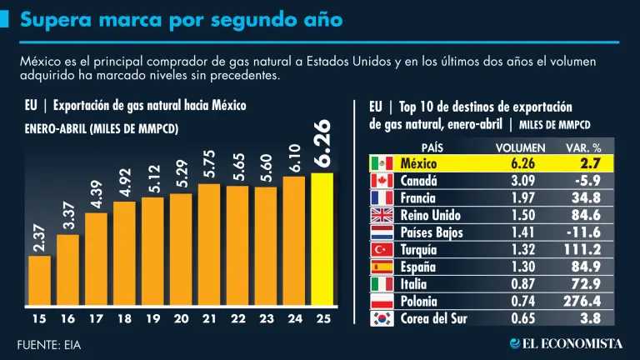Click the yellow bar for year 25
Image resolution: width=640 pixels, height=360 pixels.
[322, 239]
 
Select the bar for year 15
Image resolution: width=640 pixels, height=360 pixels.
[39, 281]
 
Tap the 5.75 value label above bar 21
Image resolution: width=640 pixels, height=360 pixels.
[209, 164]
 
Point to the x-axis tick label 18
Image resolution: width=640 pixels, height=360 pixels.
[124, 318]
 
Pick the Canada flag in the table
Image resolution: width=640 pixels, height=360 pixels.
[381, 180]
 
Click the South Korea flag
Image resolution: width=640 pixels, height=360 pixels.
[381, 317]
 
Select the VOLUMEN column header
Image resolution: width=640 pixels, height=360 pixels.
[521, 147]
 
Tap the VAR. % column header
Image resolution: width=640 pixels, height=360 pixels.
[583, 147]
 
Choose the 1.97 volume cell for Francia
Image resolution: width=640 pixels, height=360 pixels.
[522, 197]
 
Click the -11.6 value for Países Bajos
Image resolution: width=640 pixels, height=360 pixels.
[586, 232]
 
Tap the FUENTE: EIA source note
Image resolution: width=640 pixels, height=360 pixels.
[49, 343]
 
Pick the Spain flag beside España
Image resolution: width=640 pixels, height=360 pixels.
[381, 267]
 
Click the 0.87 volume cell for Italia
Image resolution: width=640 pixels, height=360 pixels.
[522, 283]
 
